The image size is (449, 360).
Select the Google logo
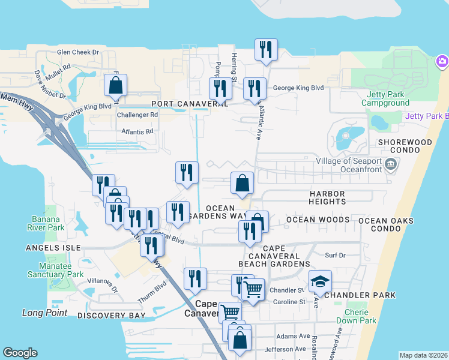pyautogui.click(x=20, y=353)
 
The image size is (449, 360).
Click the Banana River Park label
pyautogui.click(x=46, y=223)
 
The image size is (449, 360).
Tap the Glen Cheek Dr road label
pyautogui.click(x=77, y=52)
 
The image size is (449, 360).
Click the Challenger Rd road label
pyautogui.click(x=137, y=115)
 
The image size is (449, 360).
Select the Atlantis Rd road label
pyautogui.click(x=137, y=131)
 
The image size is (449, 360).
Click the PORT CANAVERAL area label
pyautogui.click(x=190, y=104)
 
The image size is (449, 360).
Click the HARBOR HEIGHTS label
pyautogui.click(x=327, y=198)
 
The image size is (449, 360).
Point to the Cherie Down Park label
pyautogui.click(x=360, y=316)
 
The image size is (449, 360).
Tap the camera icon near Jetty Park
pyautogui.click(x=442, y=61)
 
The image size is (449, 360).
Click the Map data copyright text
pyautogui.click(x=423, y=355)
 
